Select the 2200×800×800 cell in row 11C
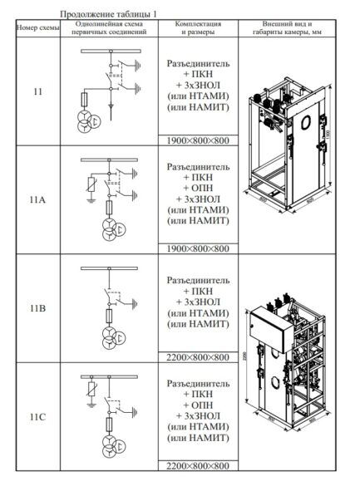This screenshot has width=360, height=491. coord(198,468)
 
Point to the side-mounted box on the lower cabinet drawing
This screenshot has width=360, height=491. coord(269,328)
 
